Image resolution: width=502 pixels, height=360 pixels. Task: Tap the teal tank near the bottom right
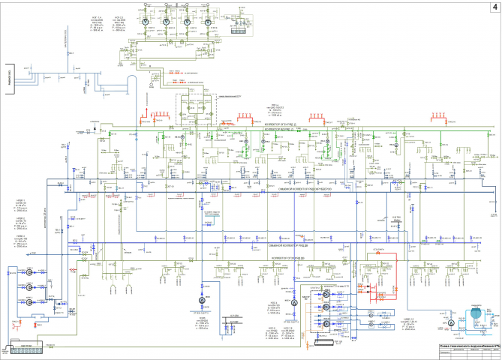click(x=475, y=315)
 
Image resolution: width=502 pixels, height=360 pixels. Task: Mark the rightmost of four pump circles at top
click(x=207, y=24)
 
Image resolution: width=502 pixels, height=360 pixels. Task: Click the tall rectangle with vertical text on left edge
click(x=8, y=76)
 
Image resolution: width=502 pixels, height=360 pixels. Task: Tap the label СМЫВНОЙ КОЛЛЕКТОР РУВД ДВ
click(x=281, y=244)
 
